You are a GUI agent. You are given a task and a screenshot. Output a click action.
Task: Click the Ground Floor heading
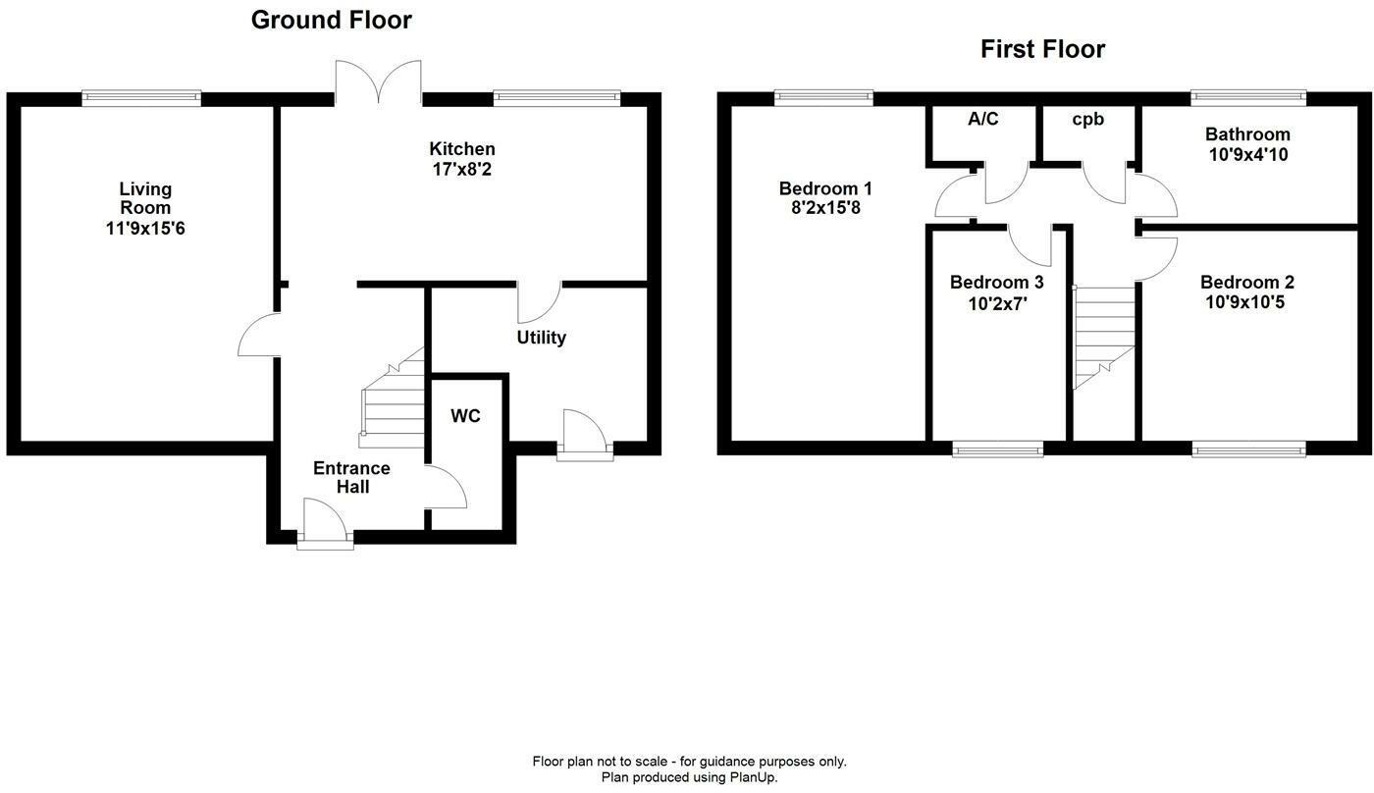click(331, 20)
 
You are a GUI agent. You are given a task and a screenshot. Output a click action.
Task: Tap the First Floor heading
click(1042, 49)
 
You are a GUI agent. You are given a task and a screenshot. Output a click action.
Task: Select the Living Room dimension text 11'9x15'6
click(145, 228)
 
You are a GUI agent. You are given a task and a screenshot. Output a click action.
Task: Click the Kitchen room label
click(462, 149)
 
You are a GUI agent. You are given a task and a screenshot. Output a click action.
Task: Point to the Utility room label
click(542, 338)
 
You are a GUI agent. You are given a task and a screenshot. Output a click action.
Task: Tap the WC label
click(466, 416)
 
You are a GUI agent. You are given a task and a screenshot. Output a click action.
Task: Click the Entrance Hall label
click(351, 477)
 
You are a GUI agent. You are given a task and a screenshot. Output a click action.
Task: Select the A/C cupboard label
click(982, 120)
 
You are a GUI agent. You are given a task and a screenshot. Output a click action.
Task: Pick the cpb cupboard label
click(1087, 120)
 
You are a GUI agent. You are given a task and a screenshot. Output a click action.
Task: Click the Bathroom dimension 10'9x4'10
click(1247, 154)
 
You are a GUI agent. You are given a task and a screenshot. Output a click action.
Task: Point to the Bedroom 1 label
click(825, 188)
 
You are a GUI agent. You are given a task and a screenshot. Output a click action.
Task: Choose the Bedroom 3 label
click(996, 283)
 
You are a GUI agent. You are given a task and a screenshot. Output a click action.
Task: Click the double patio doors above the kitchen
click(379, 83)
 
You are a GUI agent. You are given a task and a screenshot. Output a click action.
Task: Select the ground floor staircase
click(393, 402)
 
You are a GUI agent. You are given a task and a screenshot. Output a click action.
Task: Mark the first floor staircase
click(1104, 334)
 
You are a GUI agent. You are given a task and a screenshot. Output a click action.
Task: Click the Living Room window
click(141, 98)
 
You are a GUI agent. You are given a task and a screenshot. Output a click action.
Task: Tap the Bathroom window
click(1248, 98)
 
